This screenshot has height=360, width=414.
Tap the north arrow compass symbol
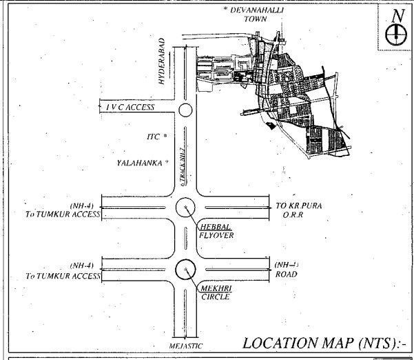[x=396, y=34]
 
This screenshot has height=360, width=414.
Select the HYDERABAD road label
[x=162, y=61]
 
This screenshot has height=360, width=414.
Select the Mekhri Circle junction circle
[x=186, y=269]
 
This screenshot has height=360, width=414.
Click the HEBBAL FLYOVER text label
[x=215, y=231]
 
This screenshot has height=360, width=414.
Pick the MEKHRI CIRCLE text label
[x=215, y=291]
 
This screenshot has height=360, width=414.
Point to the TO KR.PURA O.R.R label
[x=299, y=210]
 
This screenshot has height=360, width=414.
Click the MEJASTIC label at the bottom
[x=187, y=346]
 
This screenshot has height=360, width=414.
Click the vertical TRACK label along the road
[x=182, y=165]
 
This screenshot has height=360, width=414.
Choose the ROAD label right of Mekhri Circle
[x=287, y=274]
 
